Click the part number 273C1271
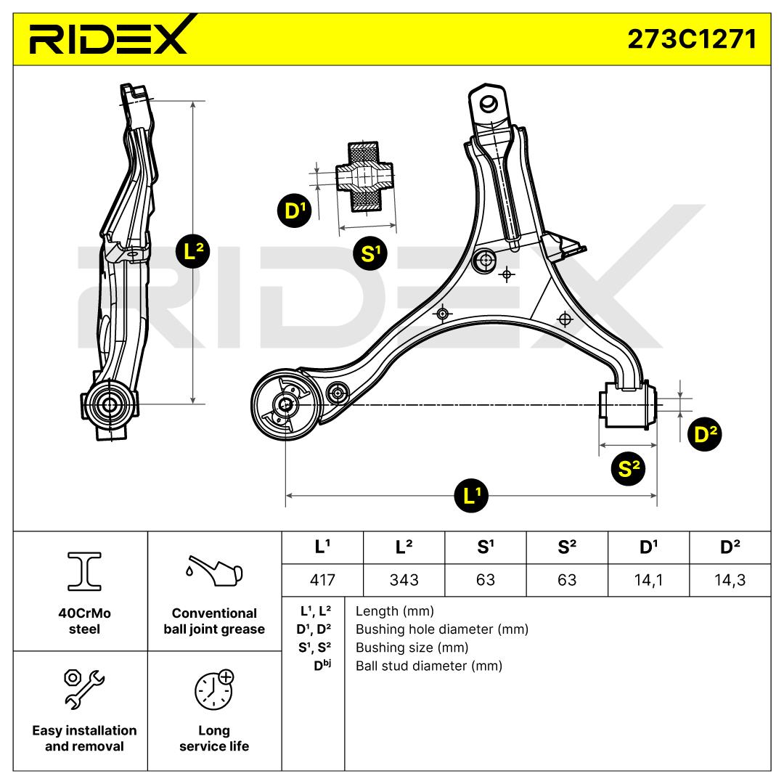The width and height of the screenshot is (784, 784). click(692, 38)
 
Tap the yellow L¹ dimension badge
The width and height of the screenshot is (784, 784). click(471, 497)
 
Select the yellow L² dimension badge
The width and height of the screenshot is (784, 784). click(193, 252)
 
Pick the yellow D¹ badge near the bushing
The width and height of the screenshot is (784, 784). click(293, 212)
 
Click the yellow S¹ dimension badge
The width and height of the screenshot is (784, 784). click(370, 253)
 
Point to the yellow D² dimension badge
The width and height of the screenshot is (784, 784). click(703, 434)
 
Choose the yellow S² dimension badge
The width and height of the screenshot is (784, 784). click(629, 468)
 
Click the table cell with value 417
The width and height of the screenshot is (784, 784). click(322, 579)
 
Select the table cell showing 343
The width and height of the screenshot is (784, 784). click(404, 579)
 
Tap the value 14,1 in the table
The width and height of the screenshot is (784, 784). click(648, 579)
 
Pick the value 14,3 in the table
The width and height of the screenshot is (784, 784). click(730, 579)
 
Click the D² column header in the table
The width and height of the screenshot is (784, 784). click(730, 547)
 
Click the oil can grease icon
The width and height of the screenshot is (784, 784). click(214, 572)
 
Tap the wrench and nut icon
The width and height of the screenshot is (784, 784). click(84, 688)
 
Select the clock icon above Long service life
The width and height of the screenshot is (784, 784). click(214, 690)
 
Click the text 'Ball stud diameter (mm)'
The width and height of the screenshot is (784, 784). click(428, 666)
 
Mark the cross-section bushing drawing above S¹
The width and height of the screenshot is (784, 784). click(364, 178)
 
